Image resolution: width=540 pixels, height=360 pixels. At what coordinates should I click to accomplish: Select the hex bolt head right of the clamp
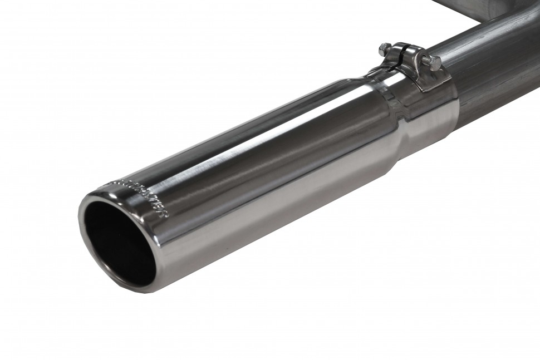click(434, 63)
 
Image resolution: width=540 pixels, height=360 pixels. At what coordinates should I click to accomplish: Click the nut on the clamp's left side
click(384, 49)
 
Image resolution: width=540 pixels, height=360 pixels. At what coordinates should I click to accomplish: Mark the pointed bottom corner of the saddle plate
click(424, 91)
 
